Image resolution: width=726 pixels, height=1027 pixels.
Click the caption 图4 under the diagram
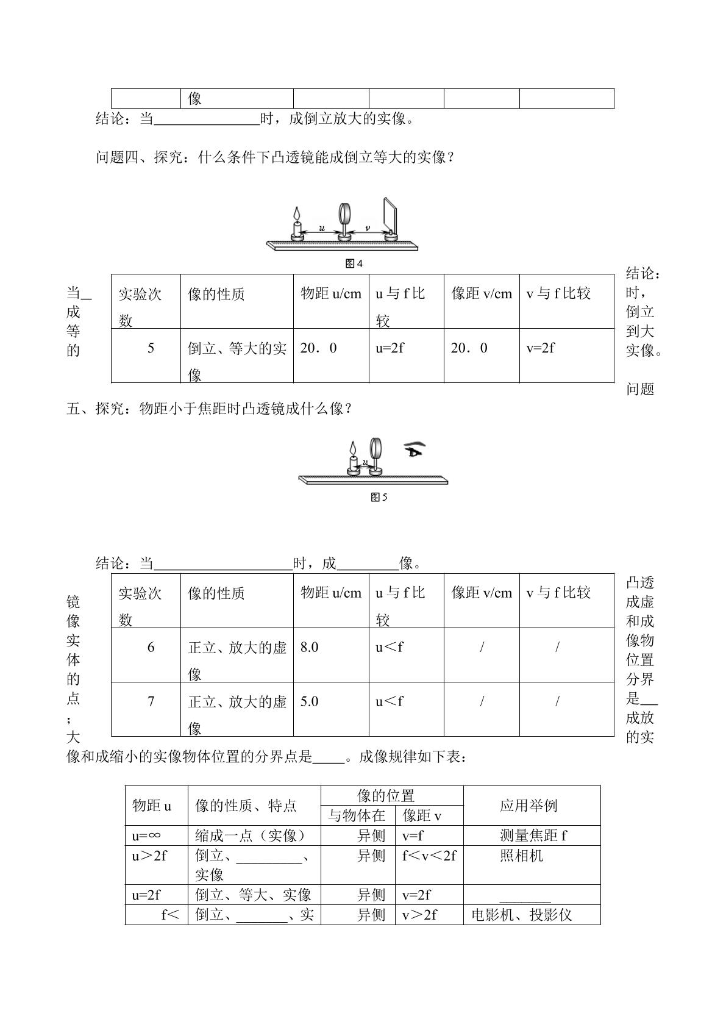coord(354,263)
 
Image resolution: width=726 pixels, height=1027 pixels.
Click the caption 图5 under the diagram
coord(379,497)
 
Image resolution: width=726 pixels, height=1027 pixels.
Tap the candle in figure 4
coord(297,225)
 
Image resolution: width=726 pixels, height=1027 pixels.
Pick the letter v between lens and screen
coord(367,229)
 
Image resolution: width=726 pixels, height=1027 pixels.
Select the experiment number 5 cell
coord(151,348)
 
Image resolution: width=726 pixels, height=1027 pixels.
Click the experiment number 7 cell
coord(151,701)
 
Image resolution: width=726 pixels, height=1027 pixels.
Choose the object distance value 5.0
coord(310,701)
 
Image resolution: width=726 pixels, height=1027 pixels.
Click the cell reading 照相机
coord(521,856)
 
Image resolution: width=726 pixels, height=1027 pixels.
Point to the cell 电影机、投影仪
coord(522,915)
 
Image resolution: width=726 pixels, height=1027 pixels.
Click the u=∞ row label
coord(146,836)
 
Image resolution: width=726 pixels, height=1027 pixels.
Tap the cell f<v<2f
coord(429,856)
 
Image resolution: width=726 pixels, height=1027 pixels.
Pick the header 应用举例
coord(528,806)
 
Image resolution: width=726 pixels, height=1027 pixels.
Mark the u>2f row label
coord(149,856)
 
